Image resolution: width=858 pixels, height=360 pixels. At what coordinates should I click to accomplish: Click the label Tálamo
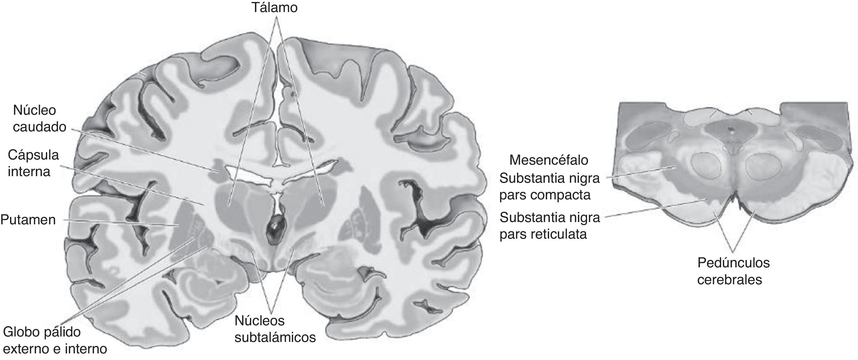[x=274, y=7]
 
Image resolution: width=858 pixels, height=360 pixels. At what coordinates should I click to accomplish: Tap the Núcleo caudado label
[x=39, y=118]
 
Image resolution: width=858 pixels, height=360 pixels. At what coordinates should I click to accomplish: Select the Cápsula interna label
[x=33, y=163]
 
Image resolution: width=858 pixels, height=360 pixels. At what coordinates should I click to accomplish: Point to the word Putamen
[x=28, y=220]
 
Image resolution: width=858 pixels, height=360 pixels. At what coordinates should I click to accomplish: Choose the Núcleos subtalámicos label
[x=275, y=329]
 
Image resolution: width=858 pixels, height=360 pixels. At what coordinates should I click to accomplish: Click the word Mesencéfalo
[x=549, y=160]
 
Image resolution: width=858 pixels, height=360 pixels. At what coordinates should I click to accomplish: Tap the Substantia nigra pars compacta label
[x=549, y=186]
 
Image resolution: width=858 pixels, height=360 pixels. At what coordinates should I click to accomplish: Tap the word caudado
[x=39, y=127]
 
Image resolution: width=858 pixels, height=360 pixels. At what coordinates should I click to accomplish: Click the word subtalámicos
[x=275, y=337]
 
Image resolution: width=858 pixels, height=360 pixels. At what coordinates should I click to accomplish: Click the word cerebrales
[x=729, y=280]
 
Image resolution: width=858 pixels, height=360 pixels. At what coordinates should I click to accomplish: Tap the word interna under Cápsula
[x=29, y=172]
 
